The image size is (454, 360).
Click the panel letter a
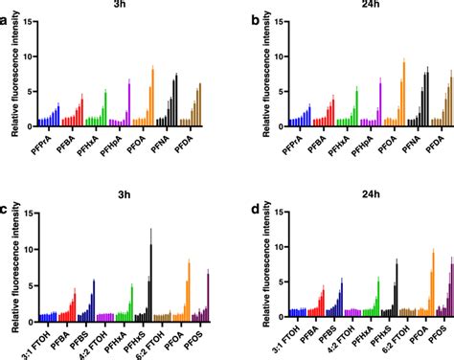[8, 19]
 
